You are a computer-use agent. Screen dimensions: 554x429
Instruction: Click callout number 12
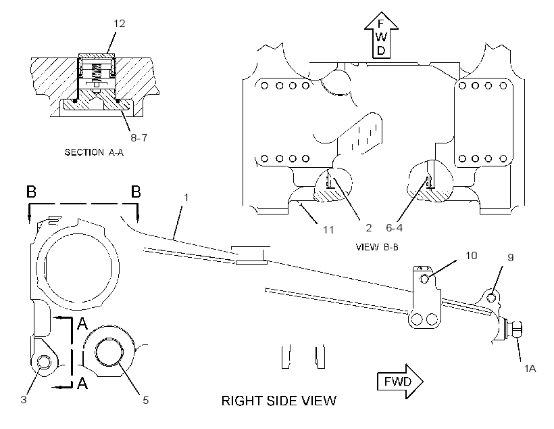pyautogui.click(x=120, y=24)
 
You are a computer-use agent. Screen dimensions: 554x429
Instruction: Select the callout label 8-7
pyautogui.click(x=139, y=137)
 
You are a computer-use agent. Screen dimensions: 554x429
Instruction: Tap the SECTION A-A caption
pyautogui.click(x=94, y=152)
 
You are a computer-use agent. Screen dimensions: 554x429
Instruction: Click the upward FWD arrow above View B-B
pyautogui.click(x=381, y=35)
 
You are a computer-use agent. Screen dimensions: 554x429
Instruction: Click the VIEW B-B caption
pyautogui.click(x=377, y=247)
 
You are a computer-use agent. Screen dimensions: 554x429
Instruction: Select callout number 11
pyautogui.click(x=328, y=229)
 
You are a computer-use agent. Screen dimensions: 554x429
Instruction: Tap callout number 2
pyautogui.click(x=368, y=227)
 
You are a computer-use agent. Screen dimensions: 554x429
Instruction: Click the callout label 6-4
pyautogui.click(x=394, y=227)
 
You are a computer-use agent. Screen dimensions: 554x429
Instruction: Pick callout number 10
pyautogui.click(x=472, y=255)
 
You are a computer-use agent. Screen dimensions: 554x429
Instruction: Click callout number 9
pyautogui.click(x=510, y=257)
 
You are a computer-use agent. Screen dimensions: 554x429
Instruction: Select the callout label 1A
pyautogui.click(x=530, y=369)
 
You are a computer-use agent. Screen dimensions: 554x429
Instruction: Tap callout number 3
pyautogui.click(x=24, y=400)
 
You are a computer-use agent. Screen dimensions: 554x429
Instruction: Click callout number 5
pyautogui.click(x=145, y=401)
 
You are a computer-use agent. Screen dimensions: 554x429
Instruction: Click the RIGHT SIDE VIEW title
pyautogui.click(x=279, y=401)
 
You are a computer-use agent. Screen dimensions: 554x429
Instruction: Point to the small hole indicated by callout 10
pyautogui.click(x=425, y=279)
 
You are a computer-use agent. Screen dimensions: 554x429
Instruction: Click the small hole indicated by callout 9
pyautogui.click(x=491, y=298)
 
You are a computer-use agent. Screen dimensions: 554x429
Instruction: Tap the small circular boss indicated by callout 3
pyautogui.click(x=45, y=362)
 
